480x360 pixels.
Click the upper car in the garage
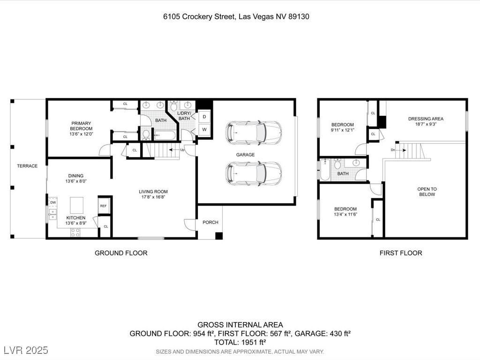tap(254, 133)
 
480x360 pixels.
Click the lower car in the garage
tap(254, 173)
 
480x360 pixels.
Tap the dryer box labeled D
tap(205, 117)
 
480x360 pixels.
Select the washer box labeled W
tap(205, 129)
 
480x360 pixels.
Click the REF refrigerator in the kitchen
tap(103, 205)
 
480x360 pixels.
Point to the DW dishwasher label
tap(53, 202)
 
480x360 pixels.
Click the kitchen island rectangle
tap(76, 205)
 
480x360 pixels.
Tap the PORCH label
tap(210, 222)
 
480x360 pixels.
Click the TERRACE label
tap(27, 166)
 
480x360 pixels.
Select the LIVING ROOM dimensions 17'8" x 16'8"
tap(153, 197)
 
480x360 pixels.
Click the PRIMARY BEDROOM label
tap(81, 126)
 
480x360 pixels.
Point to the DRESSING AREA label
tap(425, 119)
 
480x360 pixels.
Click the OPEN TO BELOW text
tap(427, 192)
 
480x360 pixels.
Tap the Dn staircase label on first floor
tap(393, 150)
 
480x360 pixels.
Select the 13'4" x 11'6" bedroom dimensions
tap(345, 215)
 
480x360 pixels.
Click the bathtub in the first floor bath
tap(324, 169)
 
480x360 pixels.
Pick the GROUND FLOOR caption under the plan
tap(121, 253)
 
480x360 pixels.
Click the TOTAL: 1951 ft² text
tap(240, 342)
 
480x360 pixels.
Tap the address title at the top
tap(236, 16)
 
